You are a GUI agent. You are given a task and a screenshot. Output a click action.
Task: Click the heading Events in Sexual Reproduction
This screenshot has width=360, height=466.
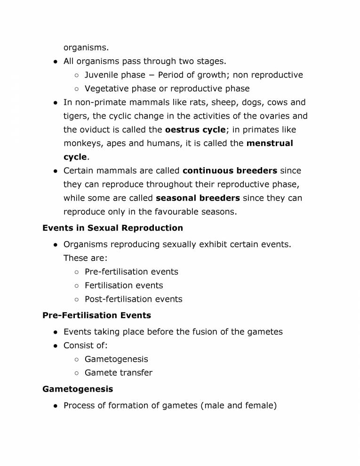(112, 228)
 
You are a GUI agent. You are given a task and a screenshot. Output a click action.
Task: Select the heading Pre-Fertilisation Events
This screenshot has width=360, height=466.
(96, 315)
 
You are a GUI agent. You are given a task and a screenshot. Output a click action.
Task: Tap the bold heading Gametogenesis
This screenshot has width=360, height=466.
(78, 389)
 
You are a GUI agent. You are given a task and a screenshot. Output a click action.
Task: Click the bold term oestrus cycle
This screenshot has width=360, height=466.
(195, 129)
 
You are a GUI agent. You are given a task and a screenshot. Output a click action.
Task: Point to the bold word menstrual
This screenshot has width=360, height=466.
(269, 143)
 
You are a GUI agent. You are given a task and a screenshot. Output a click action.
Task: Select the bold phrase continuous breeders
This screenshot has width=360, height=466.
(230, 170)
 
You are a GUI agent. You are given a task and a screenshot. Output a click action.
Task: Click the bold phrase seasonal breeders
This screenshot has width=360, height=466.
(198, 198)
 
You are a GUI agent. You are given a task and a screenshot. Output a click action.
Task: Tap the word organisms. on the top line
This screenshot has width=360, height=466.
(86, 48)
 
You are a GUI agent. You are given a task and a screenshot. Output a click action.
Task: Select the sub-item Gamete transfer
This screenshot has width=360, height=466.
(119, 373)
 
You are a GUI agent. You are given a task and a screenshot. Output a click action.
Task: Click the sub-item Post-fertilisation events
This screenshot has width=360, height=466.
(133, 299)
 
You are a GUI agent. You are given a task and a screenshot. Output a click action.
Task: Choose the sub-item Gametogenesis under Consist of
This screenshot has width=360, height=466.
(116, 359)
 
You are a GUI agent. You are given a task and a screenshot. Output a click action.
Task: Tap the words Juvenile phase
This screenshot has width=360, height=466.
(115, 75)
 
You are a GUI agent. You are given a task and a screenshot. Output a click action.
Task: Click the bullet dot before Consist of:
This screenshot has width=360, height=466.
(55, 346)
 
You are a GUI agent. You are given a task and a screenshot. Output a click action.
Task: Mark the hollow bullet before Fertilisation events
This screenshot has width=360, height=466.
(76, 286)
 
